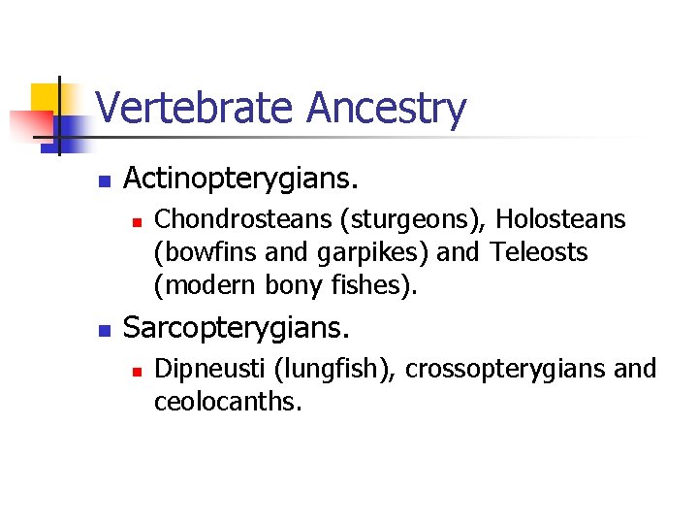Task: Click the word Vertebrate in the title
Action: tap(197, 109)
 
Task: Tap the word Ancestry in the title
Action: tap(387, 109)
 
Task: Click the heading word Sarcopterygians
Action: tap(237, 328)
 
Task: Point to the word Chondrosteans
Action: tap(239, 221)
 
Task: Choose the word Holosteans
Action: tap(561, 221)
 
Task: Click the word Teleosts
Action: tap(539, 253)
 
